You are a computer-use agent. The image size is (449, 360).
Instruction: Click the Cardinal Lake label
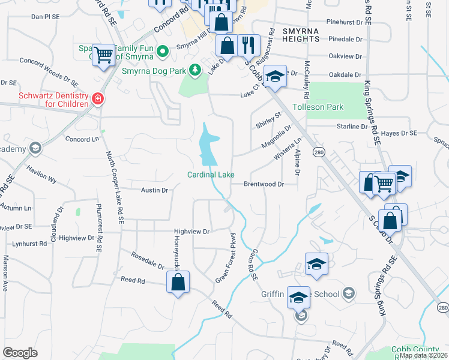210,175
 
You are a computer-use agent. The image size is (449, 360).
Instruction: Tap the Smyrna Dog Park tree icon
194,71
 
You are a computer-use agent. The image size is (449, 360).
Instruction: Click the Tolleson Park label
318,107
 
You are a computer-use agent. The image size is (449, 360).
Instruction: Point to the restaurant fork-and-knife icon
248,43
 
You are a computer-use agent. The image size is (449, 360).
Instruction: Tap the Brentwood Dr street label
264,184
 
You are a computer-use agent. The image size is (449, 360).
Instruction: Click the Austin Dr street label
154,190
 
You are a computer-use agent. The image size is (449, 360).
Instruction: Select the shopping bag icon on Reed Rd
178,282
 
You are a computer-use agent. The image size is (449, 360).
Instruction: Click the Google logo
20,353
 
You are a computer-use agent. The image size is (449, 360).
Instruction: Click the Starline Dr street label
351,127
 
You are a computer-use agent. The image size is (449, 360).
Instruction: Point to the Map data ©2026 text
423,355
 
